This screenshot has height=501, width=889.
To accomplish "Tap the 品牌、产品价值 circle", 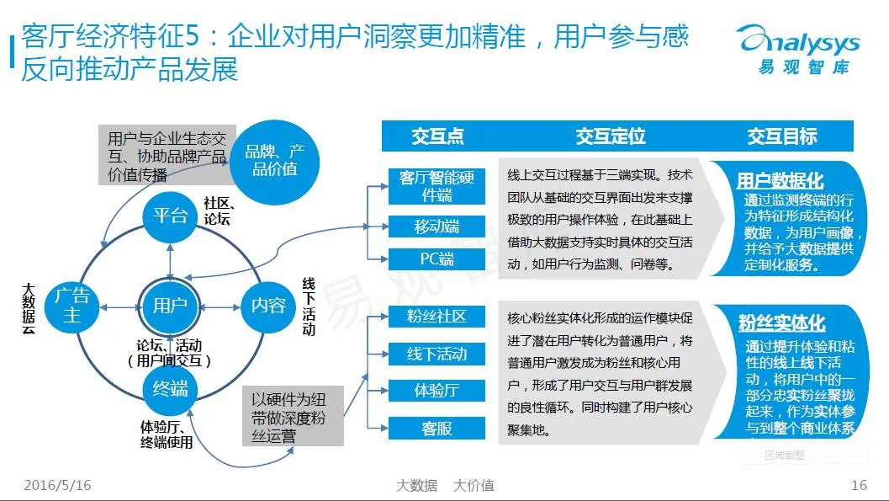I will pos(275,160).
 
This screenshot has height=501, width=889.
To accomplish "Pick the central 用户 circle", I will pos(170,305).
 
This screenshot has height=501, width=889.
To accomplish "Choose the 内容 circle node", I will pos(268,305).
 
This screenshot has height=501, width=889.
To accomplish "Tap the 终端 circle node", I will pos(170,388).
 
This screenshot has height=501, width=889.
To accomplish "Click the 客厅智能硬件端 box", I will pos(437,186).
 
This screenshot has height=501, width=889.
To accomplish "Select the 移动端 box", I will pos(437,227).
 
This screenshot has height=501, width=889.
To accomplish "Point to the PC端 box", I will pos(437,259).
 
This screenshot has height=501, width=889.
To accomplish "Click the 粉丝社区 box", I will pos(437,317).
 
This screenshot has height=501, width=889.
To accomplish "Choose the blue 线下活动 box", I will pos(437,354).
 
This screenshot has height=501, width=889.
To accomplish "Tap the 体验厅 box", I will pos(437,391).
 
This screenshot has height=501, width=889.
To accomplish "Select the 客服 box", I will pos(437,428).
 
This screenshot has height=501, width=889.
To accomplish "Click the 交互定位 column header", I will pos(611,136).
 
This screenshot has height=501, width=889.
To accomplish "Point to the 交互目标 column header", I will pos(782,136).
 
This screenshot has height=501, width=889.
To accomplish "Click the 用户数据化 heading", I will pos(780,181).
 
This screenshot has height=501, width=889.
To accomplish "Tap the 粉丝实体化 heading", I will pos(781,323).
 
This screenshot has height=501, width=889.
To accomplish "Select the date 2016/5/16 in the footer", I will pos(57,485).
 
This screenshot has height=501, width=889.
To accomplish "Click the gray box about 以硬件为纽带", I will pos(294,416).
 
